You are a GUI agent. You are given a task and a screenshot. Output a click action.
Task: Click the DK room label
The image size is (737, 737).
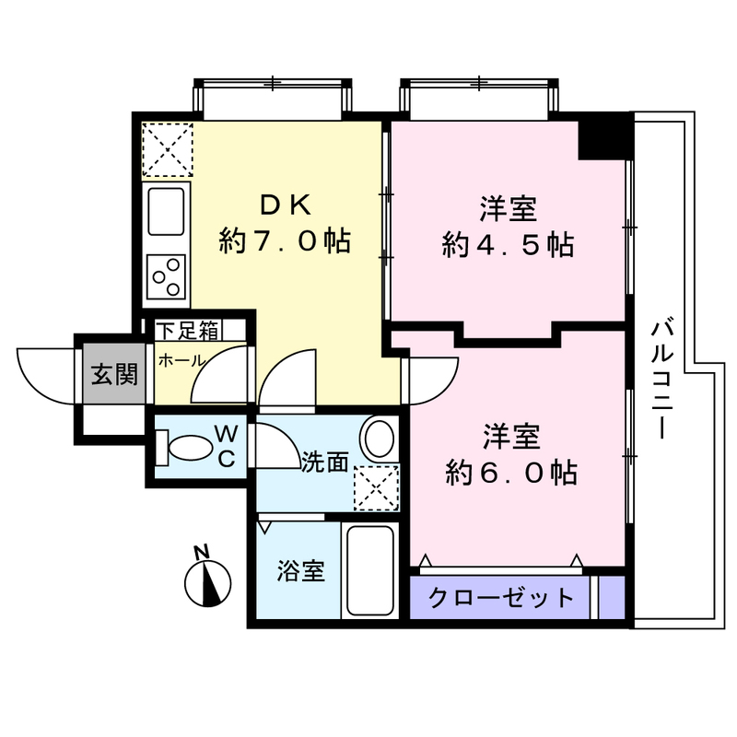coord(286,205)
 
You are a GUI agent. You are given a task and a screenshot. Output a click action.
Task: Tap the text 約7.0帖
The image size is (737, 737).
coord(285,241)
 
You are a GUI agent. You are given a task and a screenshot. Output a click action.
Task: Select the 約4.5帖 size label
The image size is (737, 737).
coord(509,245)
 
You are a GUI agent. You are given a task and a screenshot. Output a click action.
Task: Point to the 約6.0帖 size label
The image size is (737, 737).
coord(511,473)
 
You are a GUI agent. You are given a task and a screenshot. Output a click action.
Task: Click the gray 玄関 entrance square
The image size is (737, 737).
coord(114,374)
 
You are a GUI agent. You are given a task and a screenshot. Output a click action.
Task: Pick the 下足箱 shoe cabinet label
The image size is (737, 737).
coord(189,331)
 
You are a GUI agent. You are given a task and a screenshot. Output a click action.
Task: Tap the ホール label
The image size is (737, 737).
coord(181,361)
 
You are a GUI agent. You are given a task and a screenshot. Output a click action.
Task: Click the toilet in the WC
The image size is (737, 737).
coord(185,447)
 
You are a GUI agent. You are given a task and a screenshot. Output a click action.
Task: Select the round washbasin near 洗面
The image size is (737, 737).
coord(379,437)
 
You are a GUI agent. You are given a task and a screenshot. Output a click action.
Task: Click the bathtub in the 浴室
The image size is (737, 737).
coord(370,570)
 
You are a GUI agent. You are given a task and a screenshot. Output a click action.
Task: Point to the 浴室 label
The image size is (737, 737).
coord(301,571)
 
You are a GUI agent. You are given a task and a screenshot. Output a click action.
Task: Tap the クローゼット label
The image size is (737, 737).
coord(501,597)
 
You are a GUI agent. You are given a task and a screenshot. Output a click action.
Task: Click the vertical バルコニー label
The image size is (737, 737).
coord(661,380)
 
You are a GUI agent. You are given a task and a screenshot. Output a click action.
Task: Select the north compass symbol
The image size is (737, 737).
coord(208,584)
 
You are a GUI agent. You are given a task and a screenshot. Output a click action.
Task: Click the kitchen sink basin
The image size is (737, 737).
coord(166,211)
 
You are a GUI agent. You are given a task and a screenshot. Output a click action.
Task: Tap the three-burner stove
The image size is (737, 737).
coord(166,277)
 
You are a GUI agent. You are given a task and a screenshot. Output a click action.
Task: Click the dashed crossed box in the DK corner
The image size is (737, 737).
coord(168,150)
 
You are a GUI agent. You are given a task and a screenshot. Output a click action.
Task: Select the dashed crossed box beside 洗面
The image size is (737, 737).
coord(377,488)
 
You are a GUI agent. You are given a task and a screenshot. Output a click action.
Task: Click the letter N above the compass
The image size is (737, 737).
coord(202,552)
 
